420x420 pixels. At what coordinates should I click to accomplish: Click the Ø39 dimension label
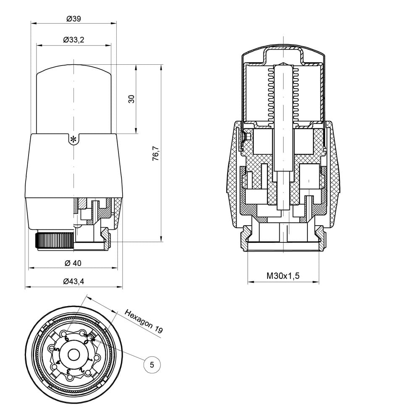pyautogui.click(x=73, y=19)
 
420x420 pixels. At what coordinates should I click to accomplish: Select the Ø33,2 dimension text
pyautogui.click(x=73, y=40)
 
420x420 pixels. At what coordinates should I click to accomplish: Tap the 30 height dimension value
pyautogui.click(x=131, y=99)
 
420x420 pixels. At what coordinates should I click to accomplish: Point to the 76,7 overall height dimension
pyautogui.click(x=156, y=153)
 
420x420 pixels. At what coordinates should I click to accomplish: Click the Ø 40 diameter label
pyautogui.click(x=73, y=263)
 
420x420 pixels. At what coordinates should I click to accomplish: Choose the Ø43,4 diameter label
pyautogui.click(x=73, y=281)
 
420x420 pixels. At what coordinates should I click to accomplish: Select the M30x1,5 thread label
pyautogui.click(x=283, y=276)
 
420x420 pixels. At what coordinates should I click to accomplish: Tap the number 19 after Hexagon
pyautogui.click(x=158, y=329)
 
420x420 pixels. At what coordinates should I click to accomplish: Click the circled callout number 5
pyautogui.click(x=152, y=365)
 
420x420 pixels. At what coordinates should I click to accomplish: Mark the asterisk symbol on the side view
pyautogui.click(x=73, y=139)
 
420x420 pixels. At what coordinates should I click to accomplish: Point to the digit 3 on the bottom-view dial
pyautogui.click(x=68, y=371)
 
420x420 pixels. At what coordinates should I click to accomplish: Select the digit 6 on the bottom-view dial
pyautogui.click(x=66, y=339)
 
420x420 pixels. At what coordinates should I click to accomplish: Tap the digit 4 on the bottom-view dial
pyautogui.click(x=58, y=362)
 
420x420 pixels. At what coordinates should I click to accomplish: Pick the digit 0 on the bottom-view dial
pyautogui.click(x=86, y=342)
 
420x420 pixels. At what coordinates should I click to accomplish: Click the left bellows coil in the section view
pyautogui.click(x=270, y=95)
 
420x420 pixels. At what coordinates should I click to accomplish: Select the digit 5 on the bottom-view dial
pyautogui.click(x=57, y=350)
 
